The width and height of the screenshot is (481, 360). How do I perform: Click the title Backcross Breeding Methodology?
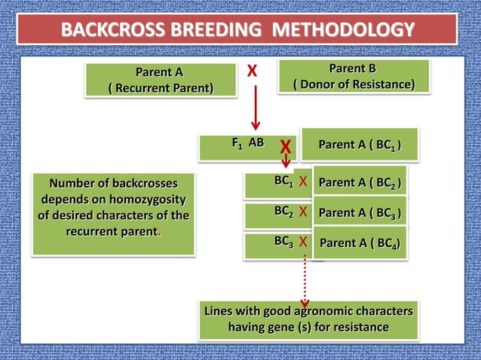[x=237, y=30]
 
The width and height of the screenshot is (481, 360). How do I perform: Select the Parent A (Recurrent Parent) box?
[x=159, y=81]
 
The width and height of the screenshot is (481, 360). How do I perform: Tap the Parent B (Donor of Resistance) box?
[x=354, y=77]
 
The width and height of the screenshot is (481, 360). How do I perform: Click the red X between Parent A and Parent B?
[x=252, y=72]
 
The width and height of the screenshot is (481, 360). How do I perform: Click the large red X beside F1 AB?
[x=286, y=145]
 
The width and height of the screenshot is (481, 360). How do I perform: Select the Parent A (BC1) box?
[x=359, y=145]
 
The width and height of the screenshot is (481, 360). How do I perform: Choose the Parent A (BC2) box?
[x=360, y=183]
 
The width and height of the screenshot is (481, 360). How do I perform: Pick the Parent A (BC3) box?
[x=360, y=212]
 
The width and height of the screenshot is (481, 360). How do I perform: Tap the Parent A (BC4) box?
[x=360, y=243]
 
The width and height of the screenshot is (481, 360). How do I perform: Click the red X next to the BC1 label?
[x=302, y=182]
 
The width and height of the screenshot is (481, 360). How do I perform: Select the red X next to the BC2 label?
[x=302, y=212]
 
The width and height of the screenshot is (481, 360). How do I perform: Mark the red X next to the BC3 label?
[x=302, y=242]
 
